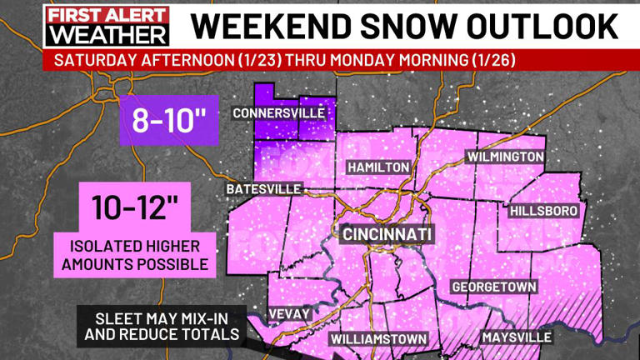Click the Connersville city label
pyautogui.click(x=278, y=113)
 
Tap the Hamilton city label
pyautogui.click(x=378, y=167)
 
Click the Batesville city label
pyautogui.click(x=263, y=189)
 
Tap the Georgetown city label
pyautogui.click(x=493, y=287)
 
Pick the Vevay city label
pyautogui.click(x=289, y=313)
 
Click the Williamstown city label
pyautogui.click(x=378, y=339)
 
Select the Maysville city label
pyautogui.click(x=516, y=337)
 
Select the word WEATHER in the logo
pyautogui.click(x=107, y=36)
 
